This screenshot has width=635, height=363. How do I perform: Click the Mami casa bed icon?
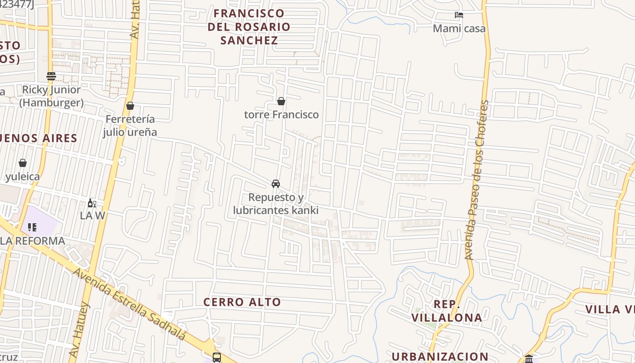(459, 15)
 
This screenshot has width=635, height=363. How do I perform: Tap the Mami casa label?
(459, 29)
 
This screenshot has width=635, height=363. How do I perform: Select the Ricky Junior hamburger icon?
(51, 76)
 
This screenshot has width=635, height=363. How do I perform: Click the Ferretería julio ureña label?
(130, 126)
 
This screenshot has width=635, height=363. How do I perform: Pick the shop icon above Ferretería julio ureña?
(130, 106)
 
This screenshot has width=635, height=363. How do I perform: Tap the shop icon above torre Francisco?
(281, 101)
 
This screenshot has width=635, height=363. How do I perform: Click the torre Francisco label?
(281, 114)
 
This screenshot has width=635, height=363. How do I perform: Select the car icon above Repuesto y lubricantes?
(275, 184)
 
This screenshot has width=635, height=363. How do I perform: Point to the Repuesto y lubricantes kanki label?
(275, 204)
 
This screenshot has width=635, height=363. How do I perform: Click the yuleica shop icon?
(22, 163)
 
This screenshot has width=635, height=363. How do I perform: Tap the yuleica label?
(22, 177)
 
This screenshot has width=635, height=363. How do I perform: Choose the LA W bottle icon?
(92, 203)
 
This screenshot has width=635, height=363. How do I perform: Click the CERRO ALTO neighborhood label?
(242, 302)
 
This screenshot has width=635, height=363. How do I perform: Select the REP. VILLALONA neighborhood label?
(447, 311)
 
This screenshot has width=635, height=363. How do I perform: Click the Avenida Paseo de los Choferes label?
(476, 180)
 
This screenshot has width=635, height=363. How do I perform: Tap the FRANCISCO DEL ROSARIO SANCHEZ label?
(249, 27)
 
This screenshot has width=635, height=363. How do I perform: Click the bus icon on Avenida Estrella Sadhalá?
(217, 357)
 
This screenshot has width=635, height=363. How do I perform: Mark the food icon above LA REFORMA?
(32, 227)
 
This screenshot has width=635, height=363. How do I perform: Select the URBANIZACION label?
(440, 357)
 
